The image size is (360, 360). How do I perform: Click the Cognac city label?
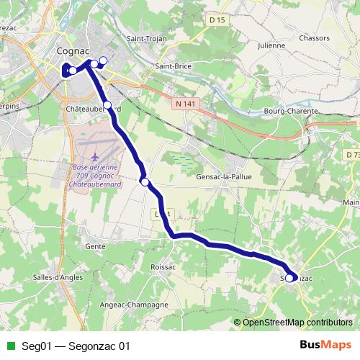point(73,52)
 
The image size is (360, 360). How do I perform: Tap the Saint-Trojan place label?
point(146,38)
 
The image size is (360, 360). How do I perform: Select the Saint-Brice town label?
point(173,66)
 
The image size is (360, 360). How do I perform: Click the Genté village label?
point(95,246)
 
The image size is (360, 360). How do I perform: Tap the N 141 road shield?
point(185,104)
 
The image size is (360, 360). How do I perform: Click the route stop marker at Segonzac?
point(290,278)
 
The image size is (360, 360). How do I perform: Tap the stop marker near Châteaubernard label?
point(108,105)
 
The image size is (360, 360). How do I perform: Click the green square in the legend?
point(10,345)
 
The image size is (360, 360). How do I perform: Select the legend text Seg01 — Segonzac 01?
point(76,345)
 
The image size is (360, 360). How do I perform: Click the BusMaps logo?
point(320,344)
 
